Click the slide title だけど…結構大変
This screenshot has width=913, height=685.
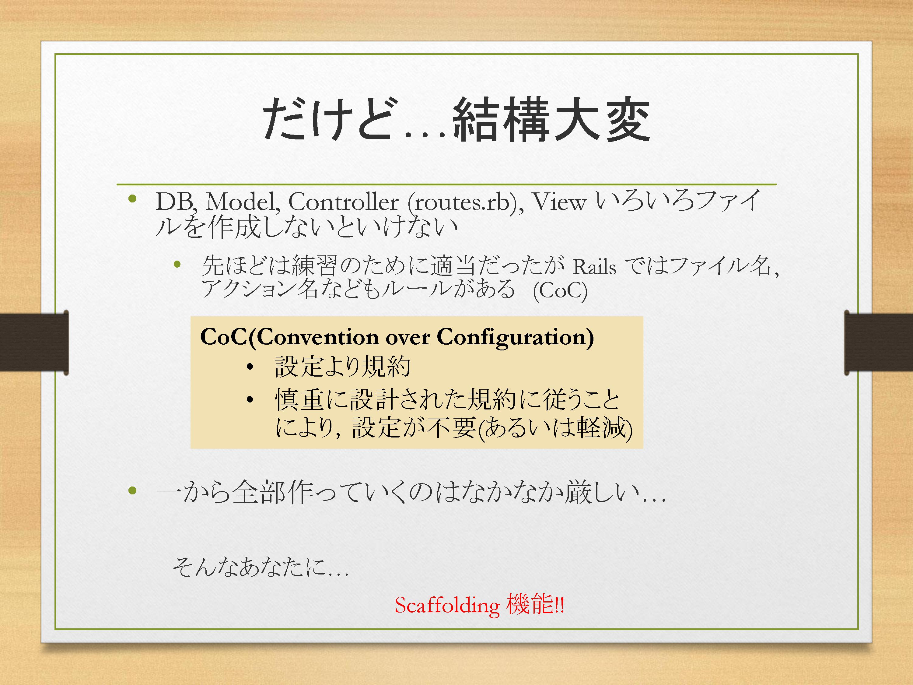pos(456,120)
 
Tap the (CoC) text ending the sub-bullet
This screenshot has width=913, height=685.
pos(560,291)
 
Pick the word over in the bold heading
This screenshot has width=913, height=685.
pos(408,339)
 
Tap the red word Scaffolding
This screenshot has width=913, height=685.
pos(447,606)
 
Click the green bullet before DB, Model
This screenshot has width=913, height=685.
pos(132,199)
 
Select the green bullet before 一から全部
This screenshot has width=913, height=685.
pos(132,491)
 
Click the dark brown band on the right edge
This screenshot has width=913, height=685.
pos(878,342)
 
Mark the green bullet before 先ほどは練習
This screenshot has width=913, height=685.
pos(177,264)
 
